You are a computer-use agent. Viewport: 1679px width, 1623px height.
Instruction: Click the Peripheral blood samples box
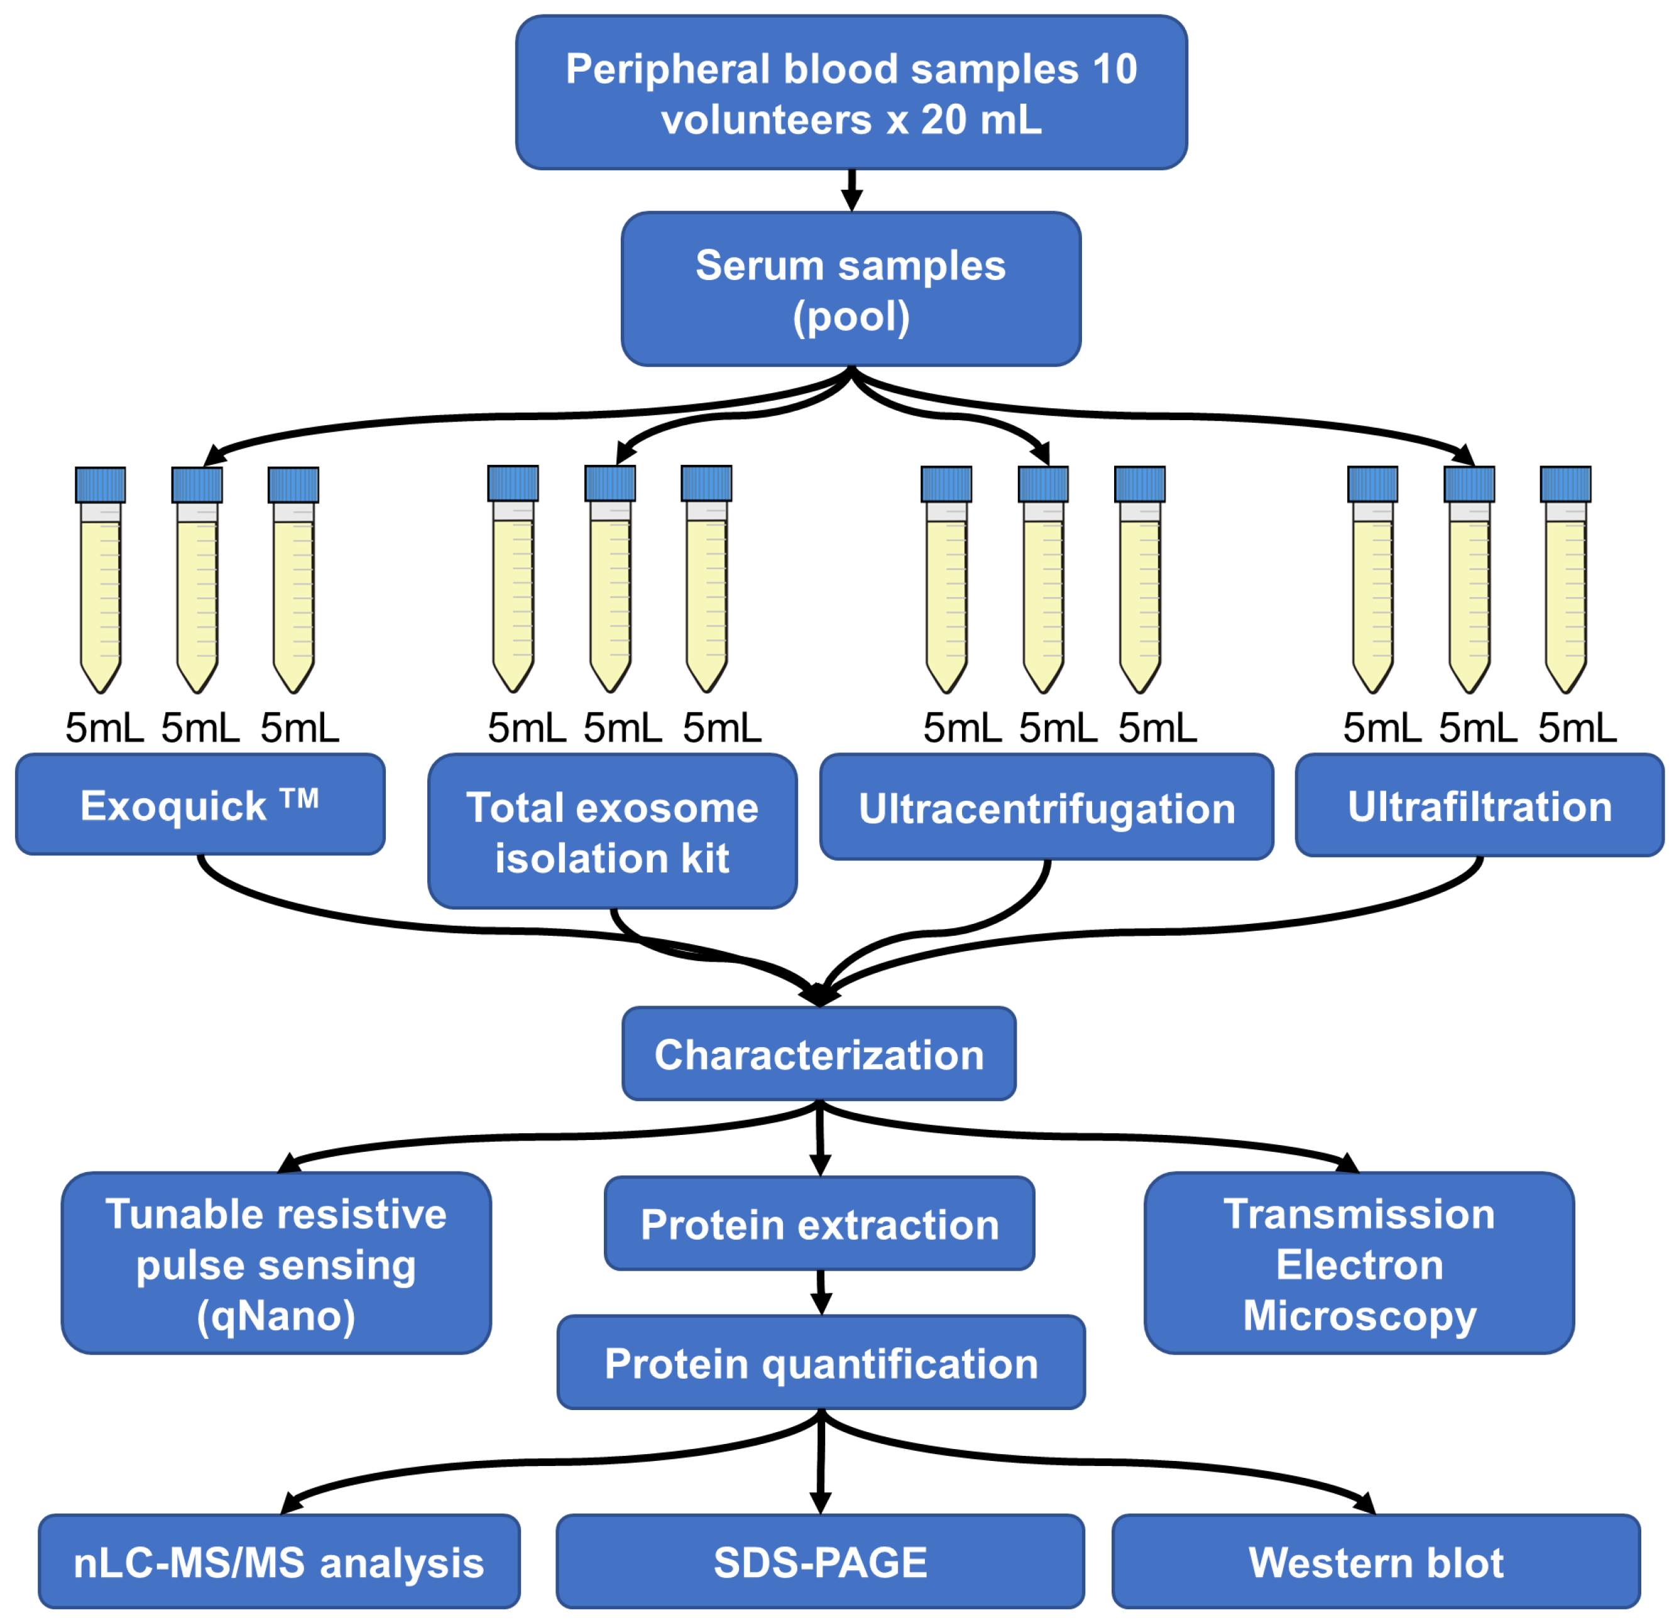(851, 92)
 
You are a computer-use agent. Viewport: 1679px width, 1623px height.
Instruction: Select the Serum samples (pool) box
(851, 290)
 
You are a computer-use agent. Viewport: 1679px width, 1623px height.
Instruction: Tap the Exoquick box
(200, 804)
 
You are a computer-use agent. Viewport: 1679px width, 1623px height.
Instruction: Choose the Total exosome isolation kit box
(613, 831)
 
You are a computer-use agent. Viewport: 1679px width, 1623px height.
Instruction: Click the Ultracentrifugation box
(1047, 807)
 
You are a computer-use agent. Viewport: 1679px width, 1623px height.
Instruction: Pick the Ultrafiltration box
(1479, 805)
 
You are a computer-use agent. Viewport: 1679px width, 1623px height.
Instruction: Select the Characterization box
(819, 1053)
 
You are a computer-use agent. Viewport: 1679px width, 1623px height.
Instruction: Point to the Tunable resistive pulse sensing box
(276, 1263)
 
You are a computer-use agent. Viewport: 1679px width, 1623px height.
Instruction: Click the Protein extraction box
(820, 1223)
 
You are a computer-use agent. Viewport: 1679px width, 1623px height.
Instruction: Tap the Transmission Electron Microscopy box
(1360, 1263)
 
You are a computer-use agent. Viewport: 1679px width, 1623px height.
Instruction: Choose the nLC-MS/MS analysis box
(279, 1561)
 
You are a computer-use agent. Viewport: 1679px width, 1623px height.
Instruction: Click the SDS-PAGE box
(820, 1561)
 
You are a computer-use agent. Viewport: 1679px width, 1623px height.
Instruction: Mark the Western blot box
(1375, 1561)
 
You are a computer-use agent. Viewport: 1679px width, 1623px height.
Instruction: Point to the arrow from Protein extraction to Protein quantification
(821, 1293)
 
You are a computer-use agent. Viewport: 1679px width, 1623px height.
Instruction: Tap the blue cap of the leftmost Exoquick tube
(101, 485)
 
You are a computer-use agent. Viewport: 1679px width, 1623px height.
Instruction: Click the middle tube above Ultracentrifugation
(1043, 580)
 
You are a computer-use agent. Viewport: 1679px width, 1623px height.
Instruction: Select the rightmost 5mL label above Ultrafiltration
(1577, 728)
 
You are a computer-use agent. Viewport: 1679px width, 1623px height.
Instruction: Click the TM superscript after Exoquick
(300, 798)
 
